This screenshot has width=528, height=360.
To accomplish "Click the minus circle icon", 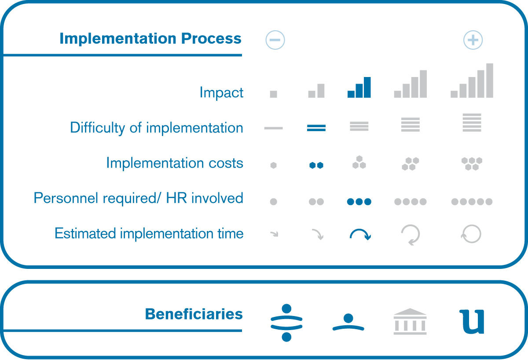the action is pos(275,40).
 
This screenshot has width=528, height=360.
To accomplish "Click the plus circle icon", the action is pos(473,40).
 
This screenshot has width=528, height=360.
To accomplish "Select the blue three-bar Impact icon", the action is pos(359,87).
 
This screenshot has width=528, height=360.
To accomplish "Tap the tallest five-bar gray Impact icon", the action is pos(472,81).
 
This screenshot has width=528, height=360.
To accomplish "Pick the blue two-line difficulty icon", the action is pos(316,128).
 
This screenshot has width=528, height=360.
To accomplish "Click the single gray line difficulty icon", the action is pos(273,128).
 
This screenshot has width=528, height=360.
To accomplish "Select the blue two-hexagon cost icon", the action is pos(316,165).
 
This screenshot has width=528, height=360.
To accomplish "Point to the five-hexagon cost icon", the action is pos(472,164).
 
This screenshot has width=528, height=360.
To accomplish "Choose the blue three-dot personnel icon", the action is pos(359,202).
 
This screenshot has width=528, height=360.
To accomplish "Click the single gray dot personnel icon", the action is pos(273,202).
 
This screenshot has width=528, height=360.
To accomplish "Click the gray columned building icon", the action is pos(410,321).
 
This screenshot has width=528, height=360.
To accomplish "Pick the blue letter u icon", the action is pos(472,322).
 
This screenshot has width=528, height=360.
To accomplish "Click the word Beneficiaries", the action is pos(194,314).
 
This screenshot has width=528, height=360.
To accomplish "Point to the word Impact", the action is pos(221,92).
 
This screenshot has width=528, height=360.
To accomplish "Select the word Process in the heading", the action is pos(211,38).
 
